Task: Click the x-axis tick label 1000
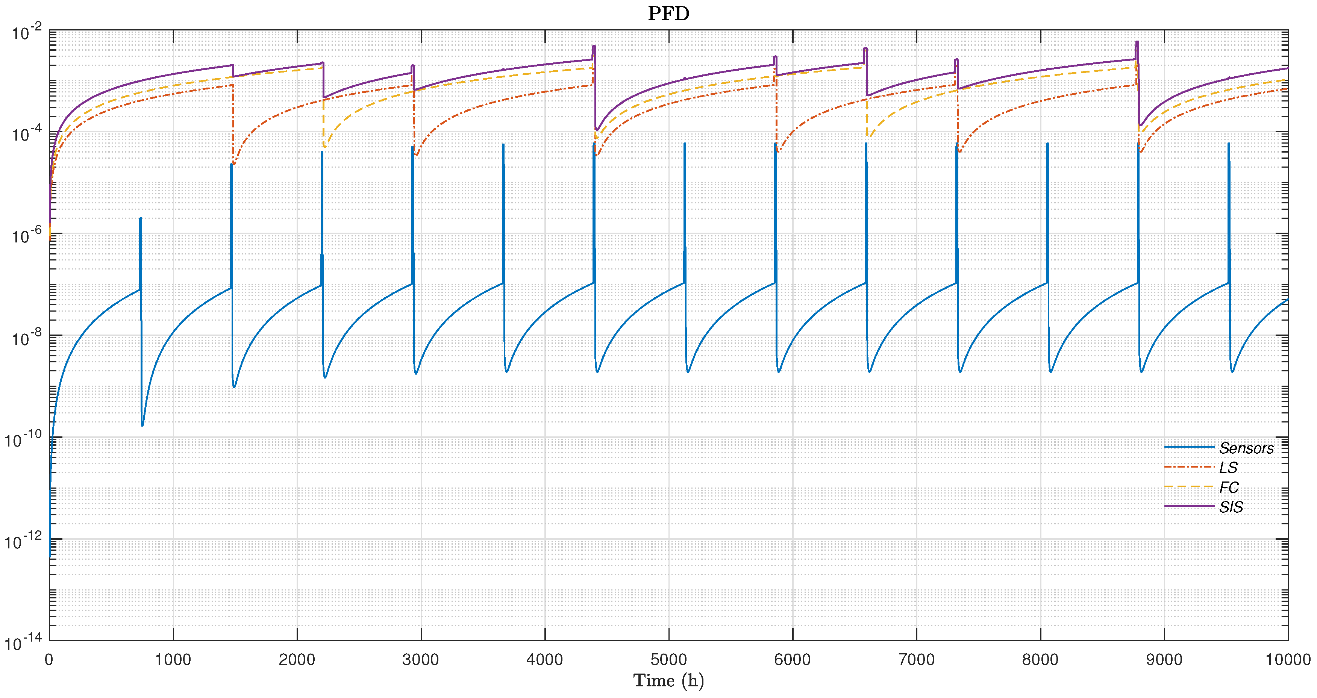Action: tap(173, 660)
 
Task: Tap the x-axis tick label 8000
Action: tap(1040, 660)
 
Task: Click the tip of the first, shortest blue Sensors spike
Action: tap(140, 219)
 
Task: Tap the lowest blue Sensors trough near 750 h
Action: tap(142, 425)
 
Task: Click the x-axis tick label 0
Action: tap(49, 660)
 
